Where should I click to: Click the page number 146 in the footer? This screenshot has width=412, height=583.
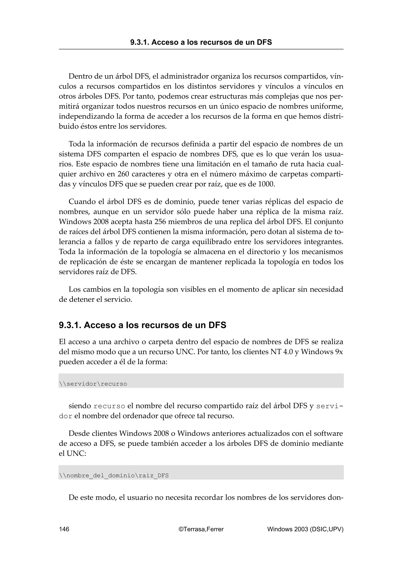point(64,529)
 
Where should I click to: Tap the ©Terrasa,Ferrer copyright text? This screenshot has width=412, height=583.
point(201,529)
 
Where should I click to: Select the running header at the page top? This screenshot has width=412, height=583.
point(201,42)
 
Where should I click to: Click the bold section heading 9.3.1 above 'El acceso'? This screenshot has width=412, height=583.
point(142,325)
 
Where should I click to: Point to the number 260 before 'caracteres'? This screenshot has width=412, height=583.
point(123,174)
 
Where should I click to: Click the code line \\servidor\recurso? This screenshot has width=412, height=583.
point(93,384)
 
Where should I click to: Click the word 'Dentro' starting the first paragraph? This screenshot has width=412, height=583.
point(80,76)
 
